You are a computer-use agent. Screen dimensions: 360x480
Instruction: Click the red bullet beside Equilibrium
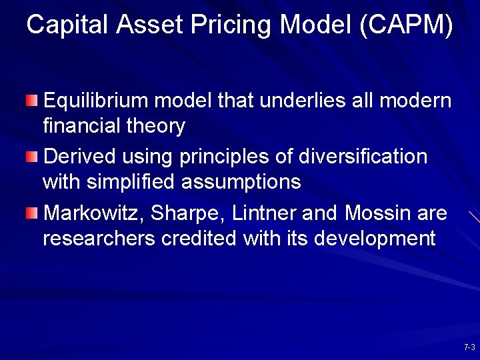[x=33, y=101]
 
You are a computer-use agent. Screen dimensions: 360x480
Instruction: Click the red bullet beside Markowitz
[x=33, y=213]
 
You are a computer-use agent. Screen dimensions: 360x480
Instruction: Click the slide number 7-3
[x=469, y=347]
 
